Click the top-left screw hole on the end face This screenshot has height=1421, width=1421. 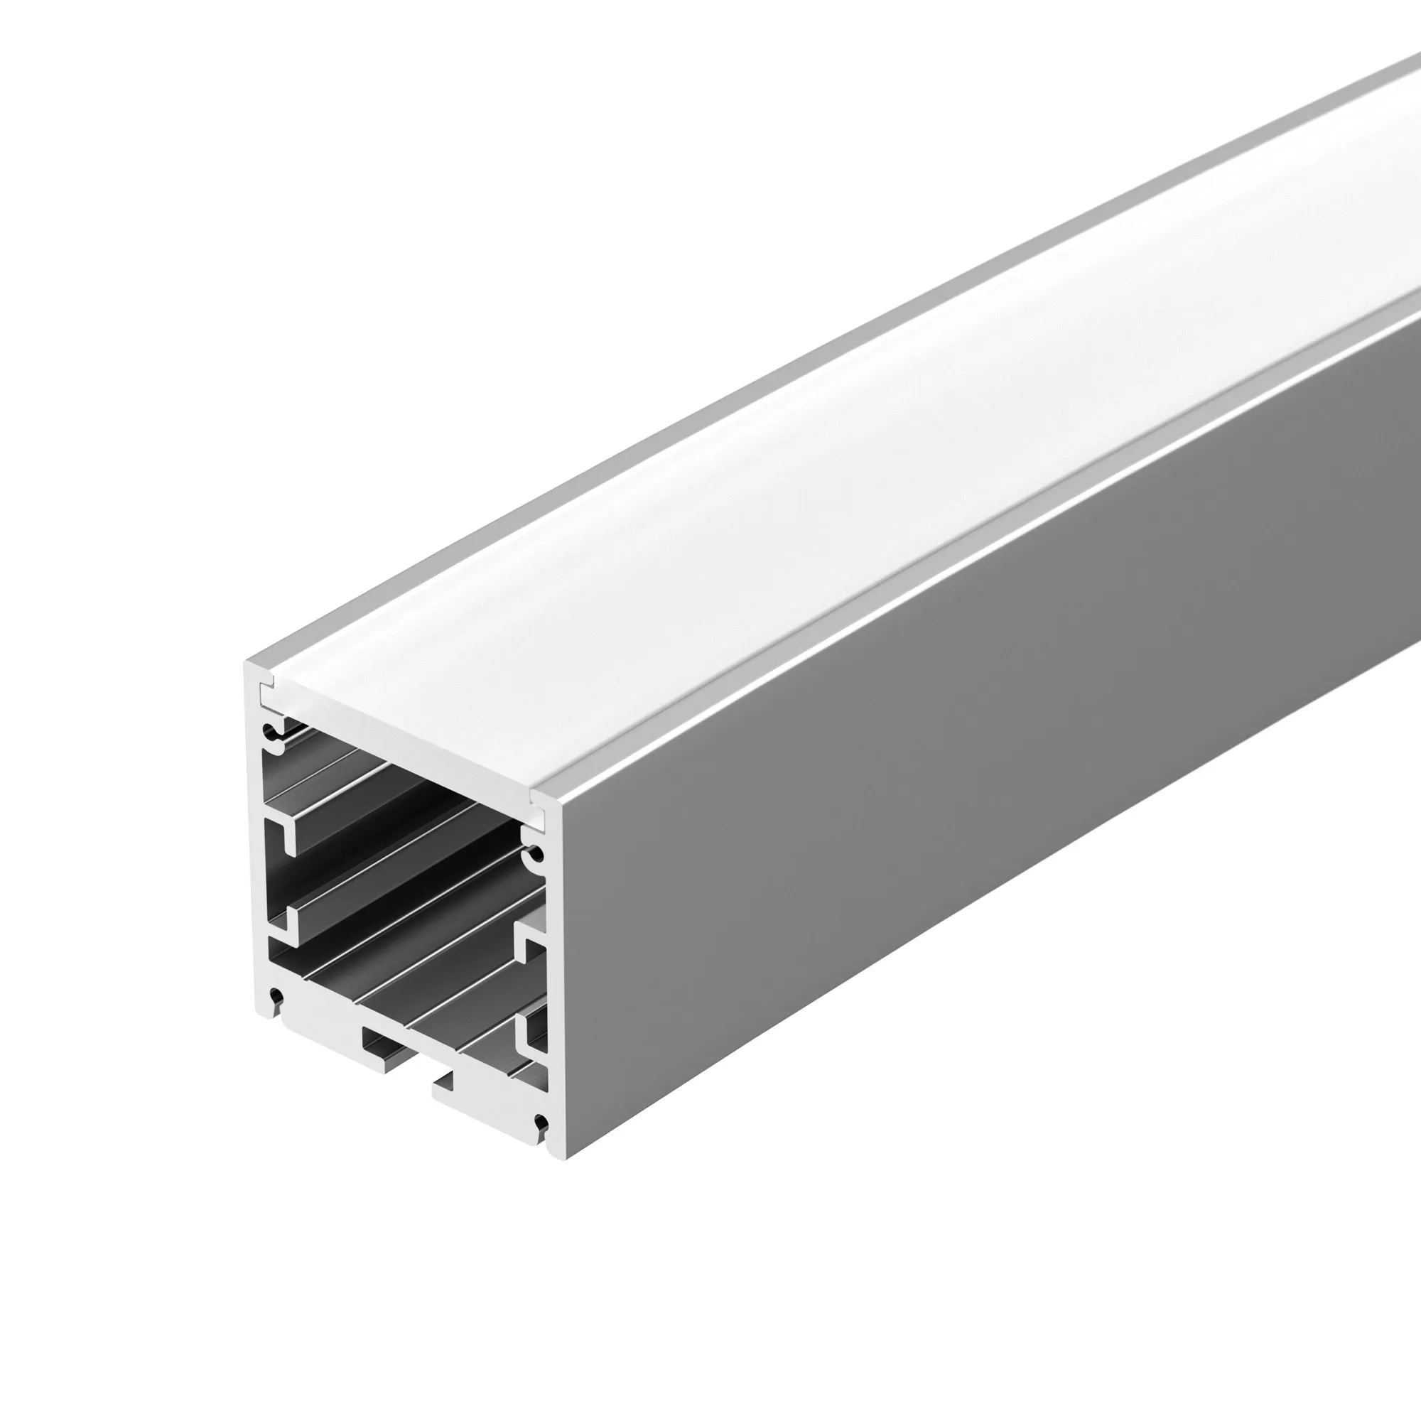[275, 731]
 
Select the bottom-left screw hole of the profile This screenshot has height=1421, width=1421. [276, 997]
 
